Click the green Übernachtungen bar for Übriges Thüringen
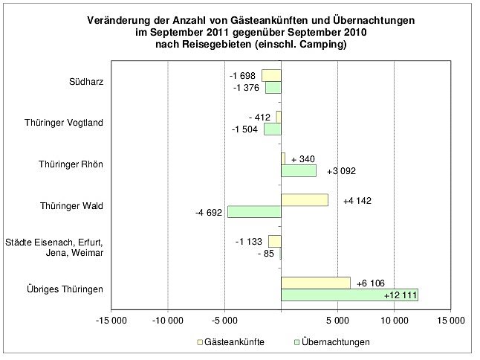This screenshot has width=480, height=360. coord(349,295)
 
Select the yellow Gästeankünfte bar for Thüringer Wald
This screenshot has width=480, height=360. coord(305,200)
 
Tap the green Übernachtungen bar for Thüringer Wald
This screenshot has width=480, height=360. coord(254,212)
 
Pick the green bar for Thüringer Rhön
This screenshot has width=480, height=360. coord(299,170)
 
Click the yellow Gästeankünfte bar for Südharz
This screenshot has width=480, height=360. coord(271,75)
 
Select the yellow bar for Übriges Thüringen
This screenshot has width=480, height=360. coord(316,283)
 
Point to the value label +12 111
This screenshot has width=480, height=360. coord(400,295)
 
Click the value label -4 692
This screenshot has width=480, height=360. coord(209,213)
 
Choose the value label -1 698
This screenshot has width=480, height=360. coord(243,76)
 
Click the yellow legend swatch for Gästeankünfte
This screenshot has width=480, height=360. coord(200,342)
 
